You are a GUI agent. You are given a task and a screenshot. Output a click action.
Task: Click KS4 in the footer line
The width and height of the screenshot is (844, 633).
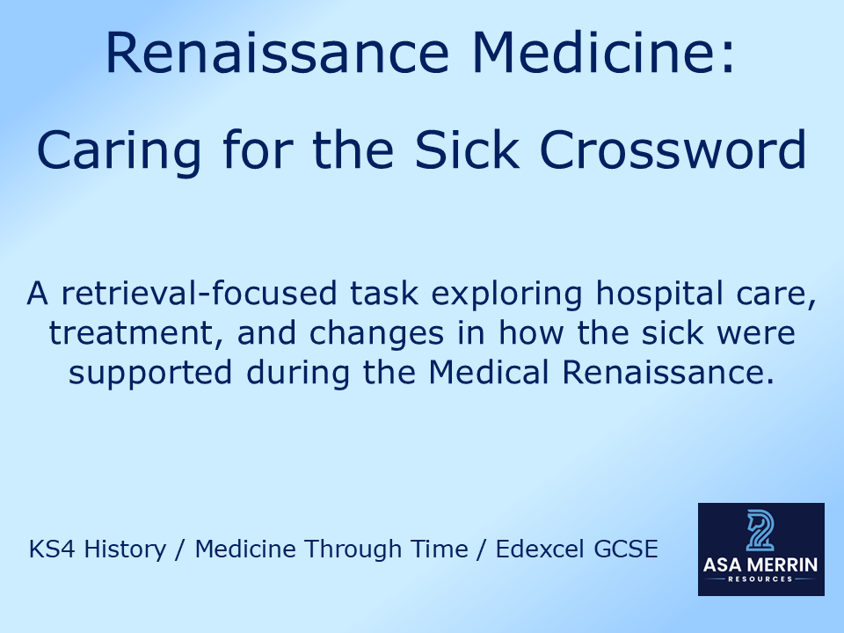49,549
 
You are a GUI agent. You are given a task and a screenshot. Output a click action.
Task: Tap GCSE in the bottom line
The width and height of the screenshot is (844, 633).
625,549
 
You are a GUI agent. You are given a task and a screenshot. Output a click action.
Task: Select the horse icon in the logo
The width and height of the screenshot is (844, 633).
760,533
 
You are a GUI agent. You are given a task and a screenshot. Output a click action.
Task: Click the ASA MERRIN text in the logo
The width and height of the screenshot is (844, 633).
760,565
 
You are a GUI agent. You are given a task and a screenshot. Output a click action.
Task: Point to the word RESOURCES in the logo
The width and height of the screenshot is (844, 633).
760,579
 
